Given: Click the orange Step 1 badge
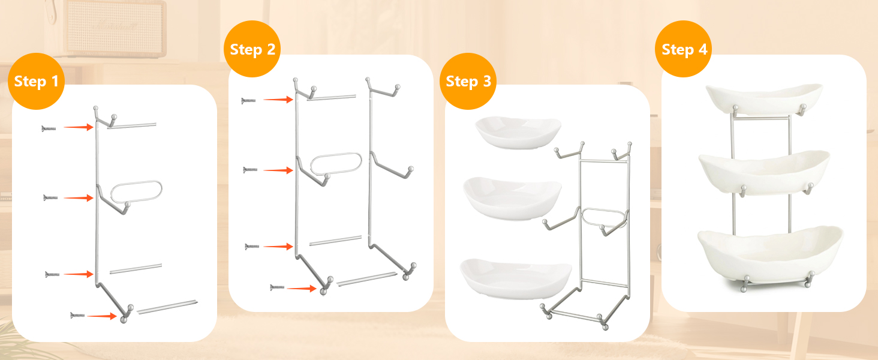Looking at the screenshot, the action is click(x=36, y=81).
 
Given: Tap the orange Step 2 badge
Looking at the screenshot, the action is click(x=252, y=49).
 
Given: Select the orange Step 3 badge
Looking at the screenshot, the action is click(x=468, y=81).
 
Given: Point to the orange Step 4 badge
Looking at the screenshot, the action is click(x=684, y=49).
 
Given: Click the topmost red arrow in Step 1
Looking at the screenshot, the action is click(x=79, y=127).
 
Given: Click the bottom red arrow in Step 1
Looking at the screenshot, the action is click(x=102, y=316).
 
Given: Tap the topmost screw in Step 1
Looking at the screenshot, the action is click(x=49, y=128).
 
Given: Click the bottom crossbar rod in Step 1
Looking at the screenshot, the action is click(x=167, y=307).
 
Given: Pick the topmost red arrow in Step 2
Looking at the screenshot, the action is click(x=278, y=100).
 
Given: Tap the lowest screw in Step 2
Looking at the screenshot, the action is click(x=277, y=287).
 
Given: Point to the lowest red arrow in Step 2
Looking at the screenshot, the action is click(x=302, y=289).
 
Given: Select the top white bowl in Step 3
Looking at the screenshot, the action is click(x=518, y=132).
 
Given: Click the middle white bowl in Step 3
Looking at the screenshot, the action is click(x=512, y=198).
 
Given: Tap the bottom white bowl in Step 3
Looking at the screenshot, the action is click(x=516, y=278).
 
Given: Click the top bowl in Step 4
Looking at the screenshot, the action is click(x=764, y=99).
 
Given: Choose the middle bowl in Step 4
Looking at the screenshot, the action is click(x=764, y=173).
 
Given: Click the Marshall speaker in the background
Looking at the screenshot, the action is click(x=115, y=28).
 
